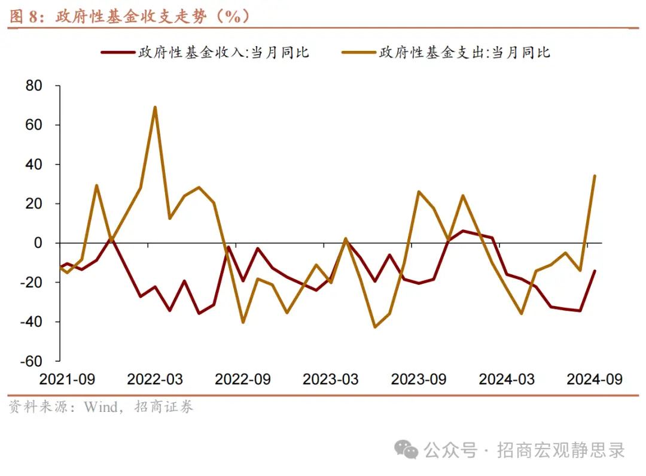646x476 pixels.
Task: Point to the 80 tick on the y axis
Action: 34,86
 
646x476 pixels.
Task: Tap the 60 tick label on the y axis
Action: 34,125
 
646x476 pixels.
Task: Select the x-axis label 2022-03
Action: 155,380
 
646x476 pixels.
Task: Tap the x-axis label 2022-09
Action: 243,380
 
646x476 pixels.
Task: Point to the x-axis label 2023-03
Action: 331,380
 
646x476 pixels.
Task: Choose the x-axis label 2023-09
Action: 419,380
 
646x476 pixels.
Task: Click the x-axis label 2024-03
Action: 507,380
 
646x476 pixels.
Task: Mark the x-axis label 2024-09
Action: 595,380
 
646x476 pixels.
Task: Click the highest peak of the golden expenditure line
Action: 155,107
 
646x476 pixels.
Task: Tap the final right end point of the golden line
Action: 595,175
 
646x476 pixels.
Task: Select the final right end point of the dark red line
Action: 595,271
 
